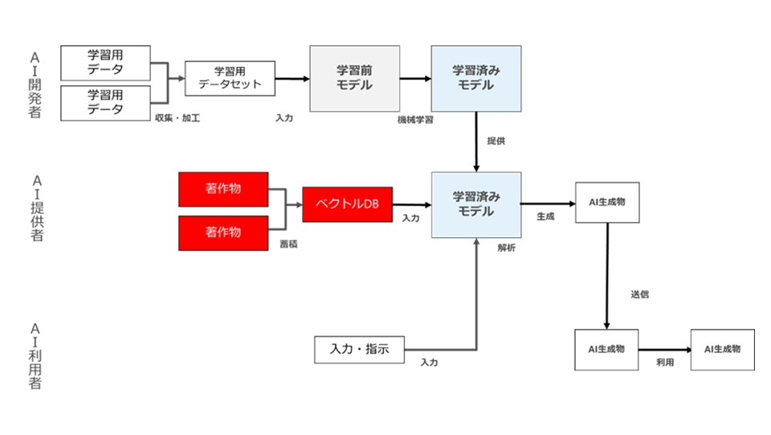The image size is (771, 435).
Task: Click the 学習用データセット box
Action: (230, 79)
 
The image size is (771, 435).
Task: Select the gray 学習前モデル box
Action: (354, 78)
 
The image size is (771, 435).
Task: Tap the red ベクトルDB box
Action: (347, 204)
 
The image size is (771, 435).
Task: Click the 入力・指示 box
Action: (359, 350)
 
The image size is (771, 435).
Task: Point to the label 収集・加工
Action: (177, 119)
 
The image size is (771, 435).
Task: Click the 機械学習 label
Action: (415, 119)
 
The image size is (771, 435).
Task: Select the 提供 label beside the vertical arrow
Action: (496, 141)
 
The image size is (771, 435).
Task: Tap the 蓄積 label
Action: (288, 244)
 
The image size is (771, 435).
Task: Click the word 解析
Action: (506, 248)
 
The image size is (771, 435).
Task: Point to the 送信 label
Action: (639, 294)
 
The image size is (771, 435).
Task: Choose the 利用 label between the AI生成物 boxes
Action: (664, 363)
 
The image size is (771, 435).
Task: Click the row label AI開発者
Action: (35, 84)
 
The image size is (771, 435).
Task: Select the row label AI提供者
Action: (35, 207)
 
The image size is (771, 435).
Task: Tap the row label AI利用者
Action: (35, 355)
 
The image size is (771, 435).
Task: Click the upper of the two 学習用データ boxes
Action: (105, 63)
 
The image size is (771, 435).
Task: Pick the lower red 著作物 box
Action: (222, 232)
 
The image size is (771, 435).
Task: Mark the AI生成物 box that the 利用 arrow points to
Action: (722, 350)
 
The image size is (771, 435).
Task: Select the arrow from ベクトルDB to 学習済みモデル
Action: (411, 205)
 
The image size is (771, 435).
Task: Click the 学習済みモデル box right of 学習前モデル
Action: (476, 78)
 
